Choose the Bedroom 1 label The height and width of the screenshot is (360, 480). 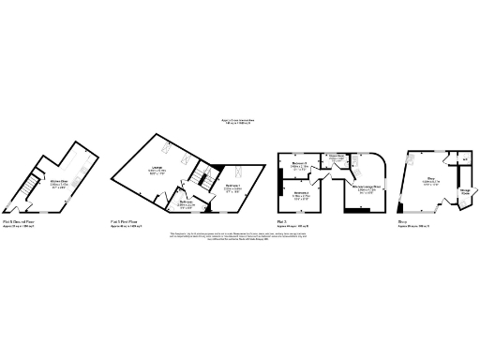[232, 187]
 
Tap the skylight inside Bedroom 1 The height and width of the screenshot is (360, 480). [235, 172]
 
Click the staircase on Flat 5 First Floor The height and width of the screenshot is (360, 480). [199, 176]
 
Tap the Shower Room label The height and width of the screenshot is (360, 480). [334, 159]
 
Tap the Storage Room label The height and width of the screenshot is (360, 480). [464, 193]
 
